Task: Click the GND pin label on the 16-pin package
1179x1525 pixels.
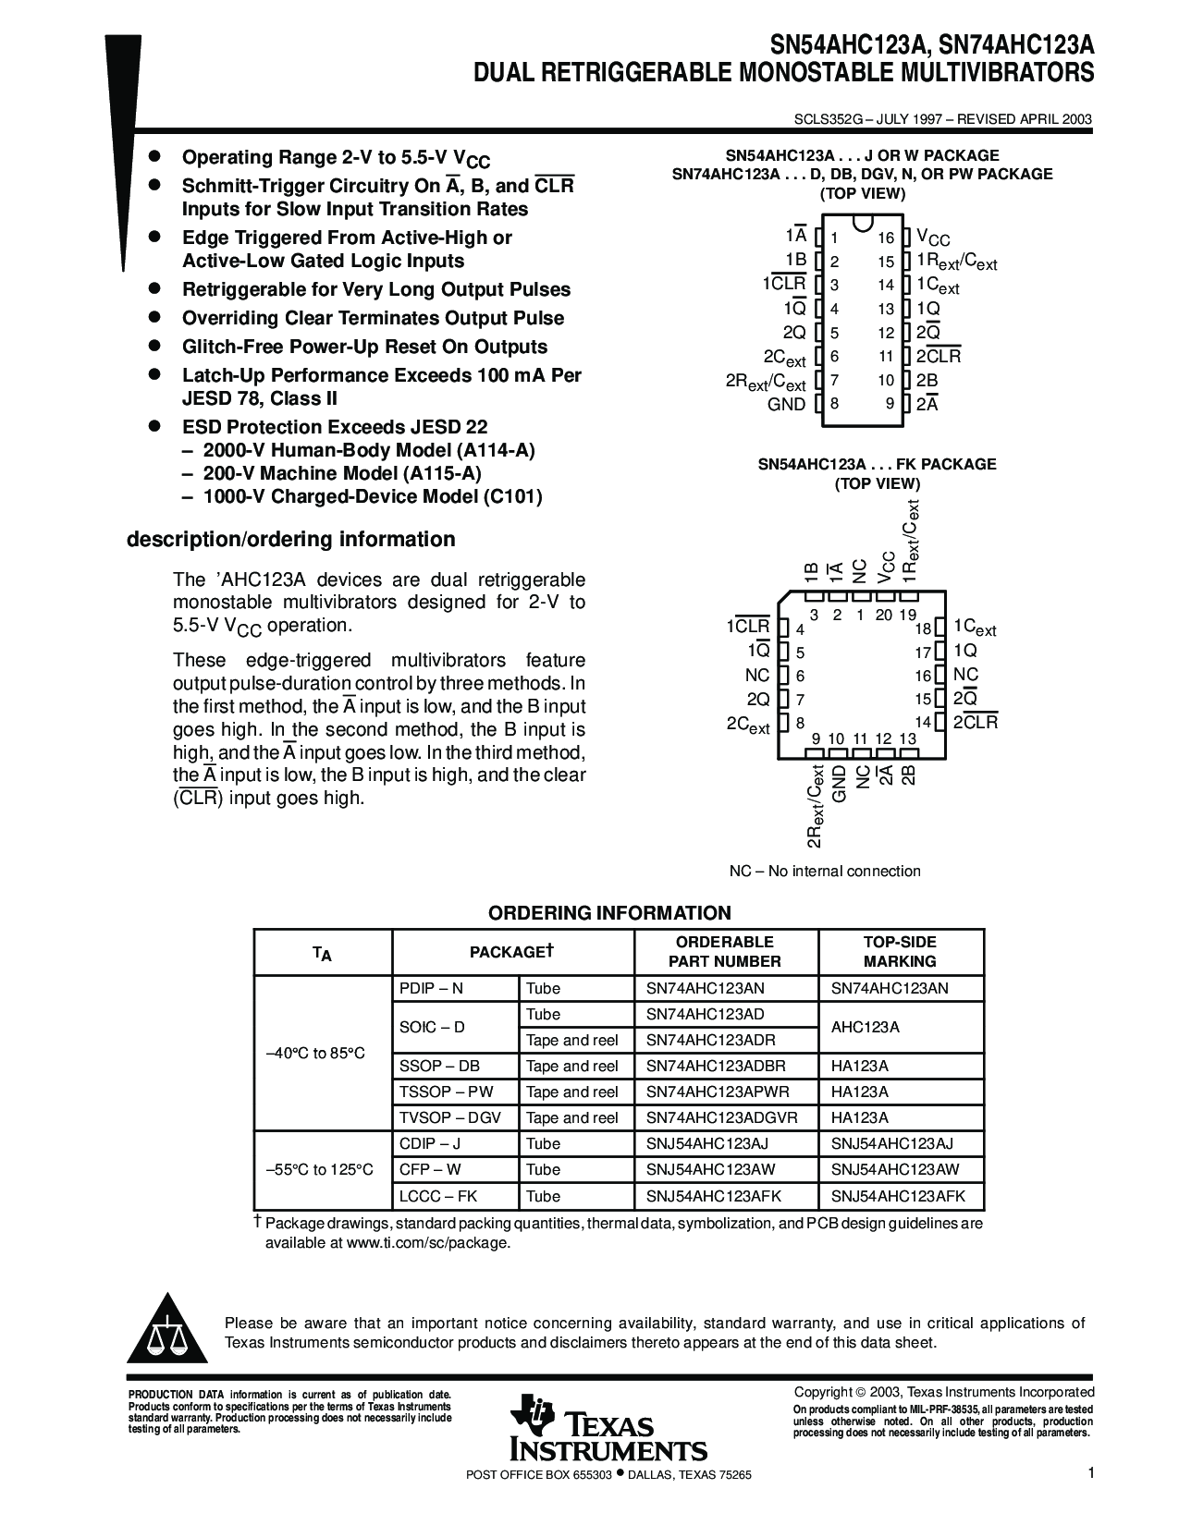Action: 786,404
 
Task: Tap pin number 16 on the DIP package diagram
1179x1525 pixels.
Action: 886,238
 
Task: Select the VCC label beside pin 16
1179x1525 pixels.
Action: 932,238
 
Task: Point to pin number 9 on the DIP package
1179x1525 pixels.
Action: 890,404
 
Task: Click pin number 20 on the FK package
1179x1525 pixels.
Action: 884,615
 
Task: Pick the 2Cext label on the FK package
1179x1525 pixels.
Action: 748,725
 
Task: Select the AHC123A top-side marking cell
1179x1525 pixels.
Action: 865,1027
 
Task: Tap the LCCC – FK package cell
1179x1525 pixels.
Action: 438,1196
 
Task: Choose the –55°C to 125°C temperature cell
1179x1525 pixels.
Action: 320,1169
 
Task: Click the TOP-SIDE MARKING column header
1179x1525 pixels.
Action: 900,951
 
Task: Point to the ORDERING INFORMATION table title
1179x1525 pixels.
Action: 609,913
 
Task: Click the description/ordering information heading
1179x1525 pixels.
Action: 290,539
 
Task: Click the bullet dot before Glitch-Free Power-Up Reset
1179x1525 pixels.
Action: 156,346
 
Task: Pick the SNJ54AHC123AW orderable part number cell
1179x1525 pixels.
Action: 710,1169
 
